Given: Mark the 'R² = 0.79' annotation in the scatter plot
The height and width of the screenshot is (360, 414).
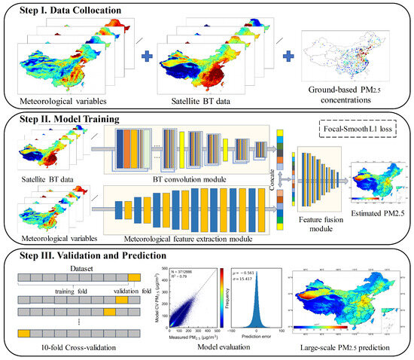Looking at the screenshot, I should [181, 276].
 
